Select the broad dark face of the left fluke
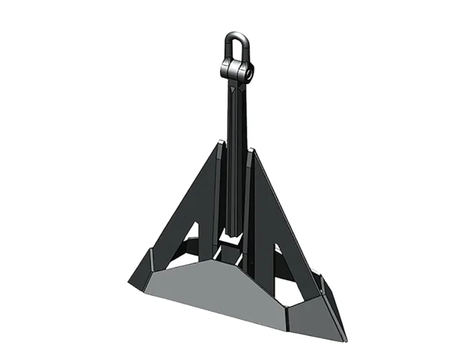click(x=189, y=209)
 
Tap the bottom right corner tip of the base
click(x=344, y=339)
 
